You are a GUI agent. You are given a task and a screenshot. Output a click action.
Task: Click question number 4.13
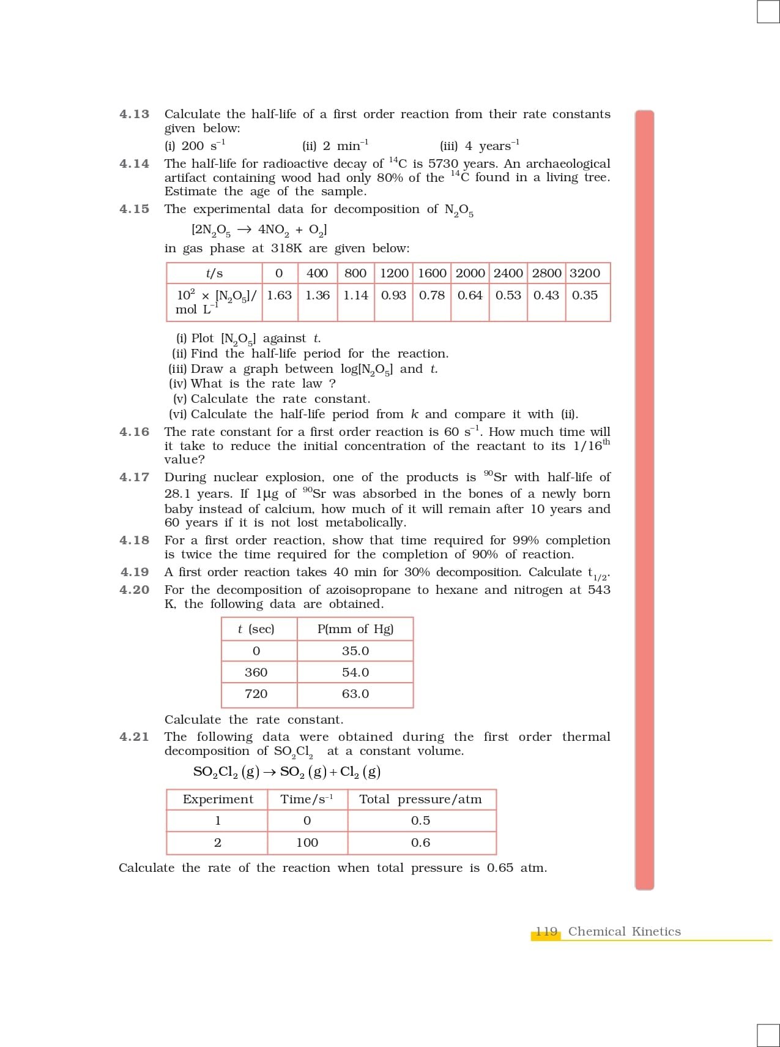pos(134,114)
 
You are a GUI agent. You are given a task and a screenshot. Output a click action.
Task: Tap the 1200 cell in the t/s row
pos(395,273)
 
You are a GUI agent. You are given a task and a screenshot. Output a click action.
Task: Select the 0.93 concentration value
pos(393,295)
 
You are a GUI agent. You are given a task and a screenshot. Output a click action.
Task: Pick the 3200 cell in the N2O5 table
pos(585,273)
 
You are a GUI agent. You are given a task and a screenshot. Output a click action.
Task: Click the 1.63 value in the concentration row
pos(280,295)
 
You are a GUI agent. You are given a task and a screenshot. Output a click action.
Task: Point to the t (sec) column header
pos(256,629)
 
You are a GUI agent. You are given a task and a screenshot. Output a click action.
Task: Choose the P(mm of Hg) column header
pos(355,629)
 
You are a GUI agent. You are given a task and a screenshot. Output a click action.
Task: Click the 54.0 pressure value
pos(355,672)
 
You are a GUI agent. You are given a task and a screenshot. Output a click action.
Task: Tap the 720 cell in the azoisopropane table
pos(256,694)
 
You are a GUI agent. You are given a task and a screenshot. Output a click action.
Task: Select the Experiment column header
pos(218,799)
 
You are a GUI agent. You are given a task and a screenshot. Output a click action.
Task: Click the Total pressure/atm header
pos(420,799)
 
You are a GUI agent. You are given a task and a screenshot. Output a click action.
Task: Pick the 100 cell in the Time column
pos(307,842)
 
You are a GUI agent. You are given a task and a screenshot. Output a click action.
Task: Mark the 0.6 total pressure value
pos(420,842)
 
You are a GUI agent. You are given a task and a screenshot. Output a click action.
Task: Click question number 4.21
pos(134,737)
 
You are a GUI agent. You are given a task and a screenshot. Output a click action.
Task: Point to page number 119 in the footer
pos(547,931)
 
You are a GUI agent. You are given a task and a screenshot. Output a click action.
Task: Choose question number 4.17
pos(134,477)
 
